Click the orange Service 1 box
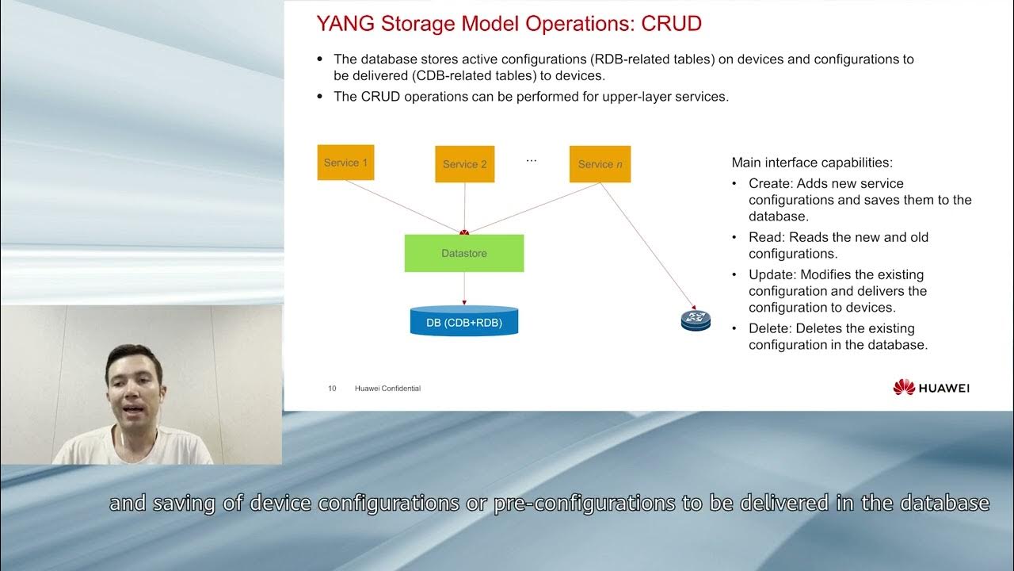point(345,163)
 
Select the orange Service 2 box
point(464,164)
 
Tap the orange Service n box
point(600,164)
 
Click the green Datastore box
point(463,253)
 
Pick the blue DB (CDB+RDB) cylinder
point(463,322)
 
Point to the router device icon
point(696,320)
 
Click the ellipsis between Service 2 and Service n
point(531,161)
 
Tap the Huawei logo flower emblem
point(904,387)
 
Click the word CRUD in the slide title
point(671,24)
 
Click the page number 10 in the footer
point(332,389)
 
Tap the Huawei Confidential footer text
point(387,389)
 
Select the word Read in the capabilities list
point(764,237)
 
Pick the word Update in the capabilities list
point(770,274)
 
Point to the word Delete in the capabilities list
point(768,328)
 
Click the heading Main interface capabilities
point(811,163)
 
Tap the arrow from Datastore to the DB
point(464,289)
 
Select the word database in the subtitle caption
point(942,503)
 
